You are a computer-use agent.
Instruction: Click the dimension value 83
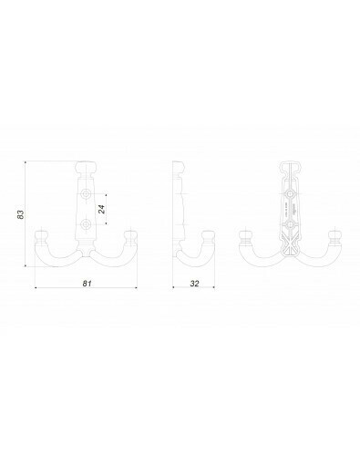coord(20,214)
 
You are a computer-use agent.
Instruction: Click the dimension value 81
coord(87,284)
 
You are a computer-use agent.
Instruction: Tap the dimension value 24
coord(102,209)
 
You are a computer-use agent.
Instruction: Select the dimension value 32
coord(194,284)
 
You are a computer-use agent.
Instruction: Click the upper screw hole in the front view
coord(87,193)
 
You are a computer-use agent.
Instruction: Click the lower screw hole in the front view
coord(87,224)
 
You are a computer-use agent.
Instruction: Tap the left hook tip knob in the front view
coord(40,237)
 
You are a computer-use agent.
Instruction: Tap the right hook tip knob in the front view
coord(131,237)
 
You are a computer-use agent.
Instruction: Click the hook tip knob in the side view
coord(209,237)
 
